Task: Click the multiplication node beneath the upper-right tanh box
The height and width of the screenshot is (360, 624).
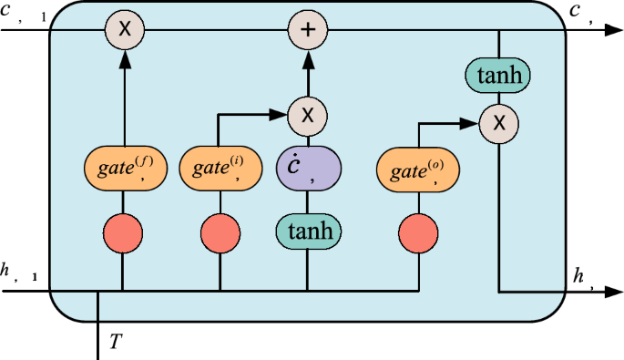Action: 498,120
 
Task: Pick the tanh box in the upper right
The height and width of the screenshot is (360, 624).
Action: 498,77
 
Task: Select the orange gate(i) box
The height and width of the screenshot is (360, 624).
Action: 219,168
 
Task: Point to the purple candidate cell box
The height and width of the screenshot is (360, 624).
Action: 308,168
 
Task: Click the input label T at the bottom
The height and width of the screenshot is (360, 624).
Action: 115,342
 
